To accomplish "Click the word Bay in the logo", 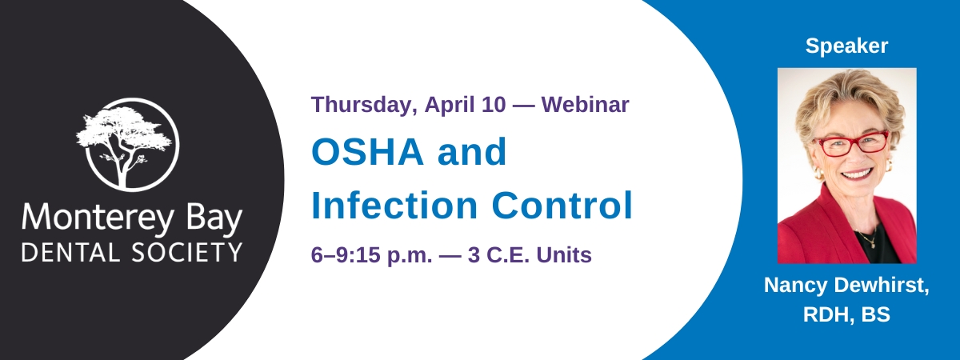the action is (214, 219).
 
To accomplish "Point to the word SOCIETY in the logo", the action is (187, 252).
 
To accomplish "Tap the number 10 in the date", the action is (494, 105).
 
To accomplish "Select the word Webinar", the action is (586, 105).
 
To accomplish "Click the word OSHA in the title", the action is (367, 152).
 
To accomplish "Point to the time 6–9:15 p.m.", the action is (371, 255).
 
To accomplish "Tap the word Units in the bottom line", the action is (564, 255).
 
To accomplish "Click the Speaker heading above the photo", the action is (846, 46).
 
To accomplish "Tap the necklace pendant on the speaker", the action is (873, 246).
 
